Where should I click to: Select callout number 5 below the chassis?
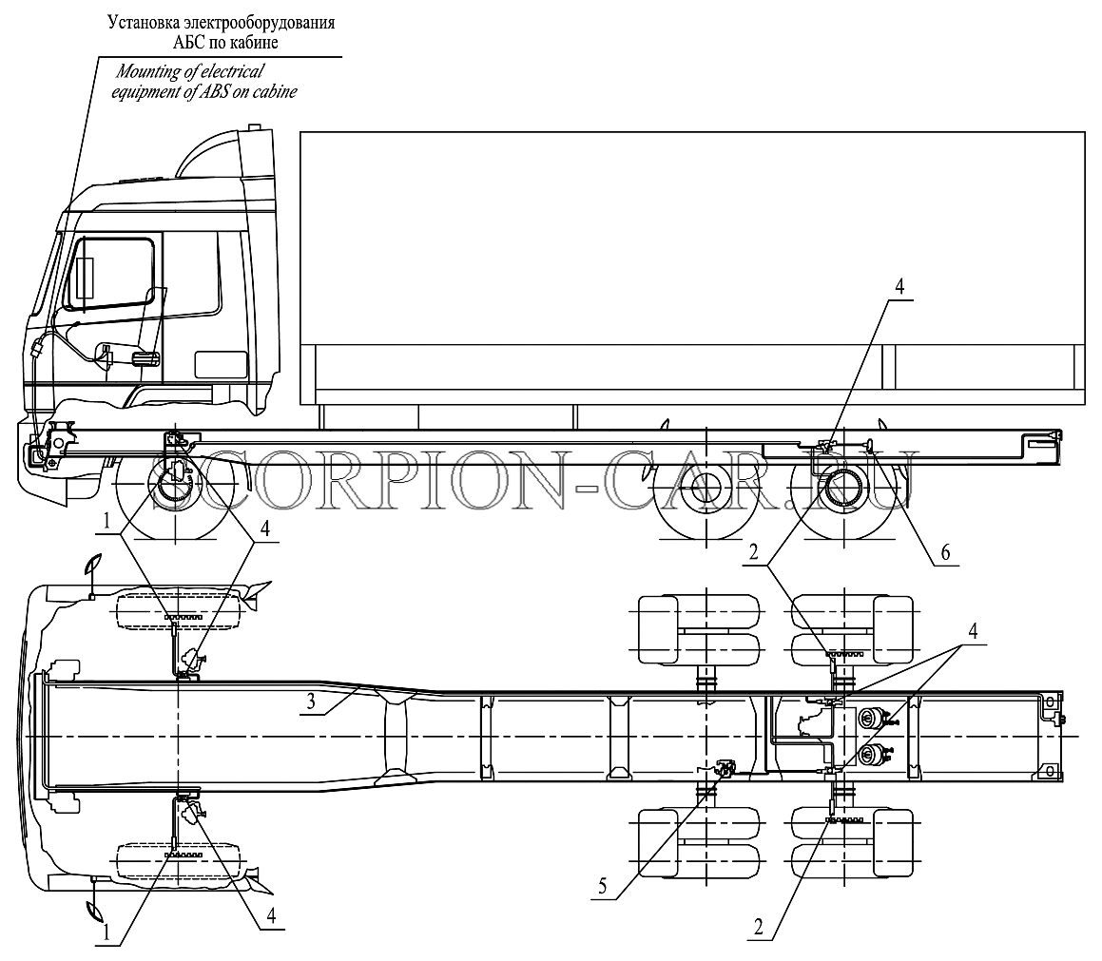coord(603,886)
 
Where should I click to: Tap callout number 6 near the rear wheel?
coord(945,553)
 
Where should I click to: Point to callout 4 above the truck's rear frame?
coord(899,286)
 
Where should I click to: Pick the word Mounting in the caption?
coord(149,71)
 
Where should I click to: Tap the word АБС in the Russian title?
coord(187,43)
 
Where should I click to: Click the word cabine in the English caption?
coord(276,92)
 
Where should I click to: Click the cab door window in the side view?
coord(109,273)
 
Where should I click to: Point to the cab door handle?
coord(146,359)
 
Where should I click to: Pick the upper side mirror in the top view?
coord(92,564)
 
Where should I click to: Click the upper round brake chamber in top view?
coord(870,718)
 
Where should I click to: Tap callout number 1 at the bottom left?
coord(106,932)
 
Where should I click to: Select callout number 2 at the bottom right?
coord(758,928)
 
